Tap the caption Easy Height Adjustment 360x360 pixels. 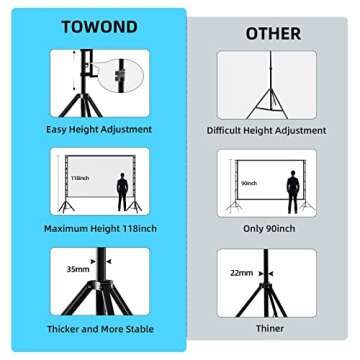point(99,129)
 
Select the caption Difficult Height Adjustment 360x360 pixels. point(266,130)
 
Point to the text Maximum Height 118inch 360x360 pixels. point(99,229)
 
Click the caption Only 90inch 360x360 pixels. point(267,229)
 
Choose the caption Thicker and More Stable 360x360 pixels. point(99,329)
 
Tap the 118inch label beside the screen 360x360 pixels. point(81,178)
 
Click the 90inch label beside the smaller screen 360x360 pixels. point(249,183)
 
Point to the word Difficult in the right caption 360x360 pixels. point(226,130)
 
